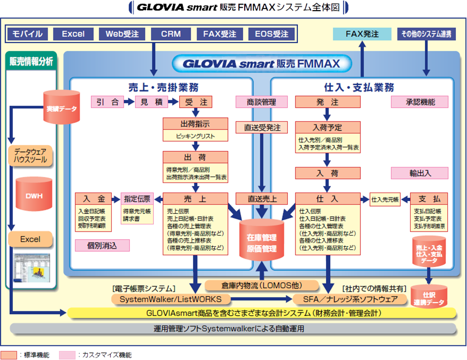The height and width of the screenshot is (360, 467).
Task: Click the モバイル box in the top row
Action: pos(28,34)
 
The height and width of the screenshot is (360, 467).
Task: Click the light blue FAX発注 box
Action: pos(362,34)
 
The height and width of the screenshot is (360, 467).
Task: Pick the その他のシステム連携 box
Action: pos(426,34)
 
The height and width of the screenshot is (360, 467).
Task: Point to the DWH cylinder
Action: pos(35,195)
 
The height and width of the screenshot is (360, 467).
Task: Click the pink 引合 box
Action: pos(107,102)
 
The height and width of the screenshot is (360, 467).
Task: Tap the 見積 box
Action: pos(151,102)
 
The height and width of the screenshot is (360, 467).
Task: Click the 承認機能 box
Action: pos(419,102)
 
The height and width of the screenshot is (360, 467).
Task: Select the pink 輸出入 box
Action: pos(419,173)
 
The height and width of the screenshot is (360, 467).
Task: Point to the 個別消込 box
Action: pos(103,246)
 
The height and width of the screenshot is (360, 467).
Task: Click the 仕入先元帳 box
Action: pos(385,199)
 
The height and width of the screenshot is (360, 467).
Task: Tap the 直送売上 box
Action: pos(262,199)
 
